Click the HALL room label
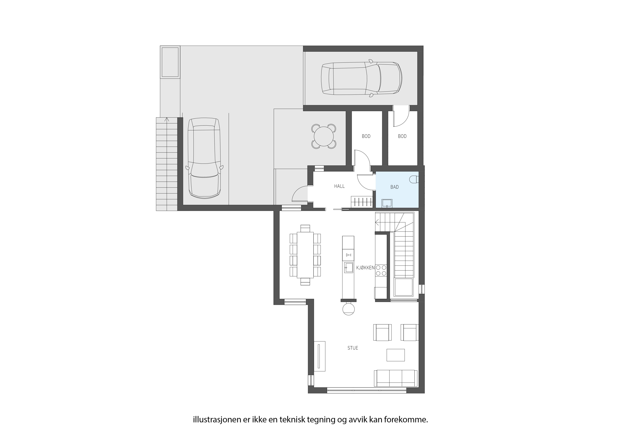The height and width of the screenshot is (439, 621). pyautogui.click(x=339, y=186)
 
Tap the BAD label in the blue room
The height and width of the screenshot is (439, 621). pyautogui.click(x=395, y=187)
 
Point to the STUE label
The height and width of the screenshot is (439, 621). pyautogui.click(x=353, y=348)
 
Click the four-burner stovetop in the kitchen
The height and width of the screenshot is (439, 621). pyautogui.click(x=381, y=270)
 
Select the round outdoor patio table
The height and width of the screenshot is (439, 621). pyautogui.click(x=324, y=136)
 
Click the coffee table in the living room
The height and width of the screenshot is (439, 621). pyautogui.click(x=396, y=355)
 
